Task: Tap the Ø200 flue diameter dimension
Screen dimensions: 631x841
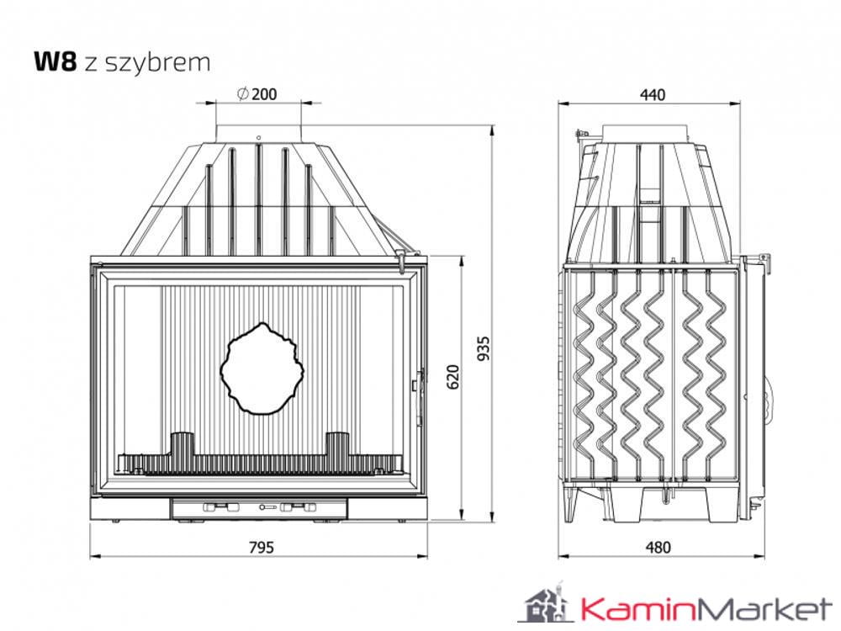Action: [x=257, y=94]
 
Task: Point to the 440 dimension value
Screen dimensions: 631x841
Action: [x=652, y=94]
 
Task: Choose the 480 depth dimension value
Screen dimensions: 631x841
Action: [x=659, y=547]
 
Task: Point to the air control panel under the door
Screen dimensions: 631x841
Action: [x=259, y=507]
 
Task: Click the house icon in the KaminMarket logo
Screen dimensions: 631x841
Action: [x=542, y=603]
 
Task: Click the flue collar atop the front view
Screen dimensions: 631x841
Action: [x=259, y=133]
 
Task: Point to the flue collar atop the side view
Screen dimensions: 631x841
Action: [x=649, y=133]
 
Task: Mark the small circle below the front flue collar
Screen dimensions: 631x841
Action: [x=259, y=137]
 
